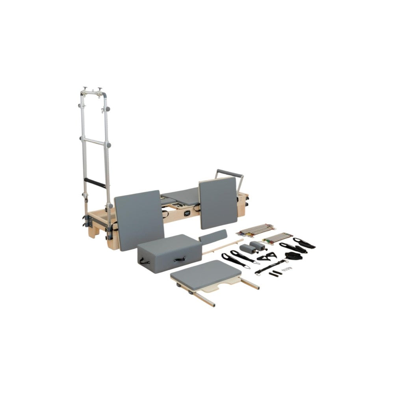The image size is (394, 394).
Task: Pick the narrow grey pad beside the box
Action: point(214,237)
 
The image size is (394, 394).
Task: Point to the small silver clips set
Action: point(289,269)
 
